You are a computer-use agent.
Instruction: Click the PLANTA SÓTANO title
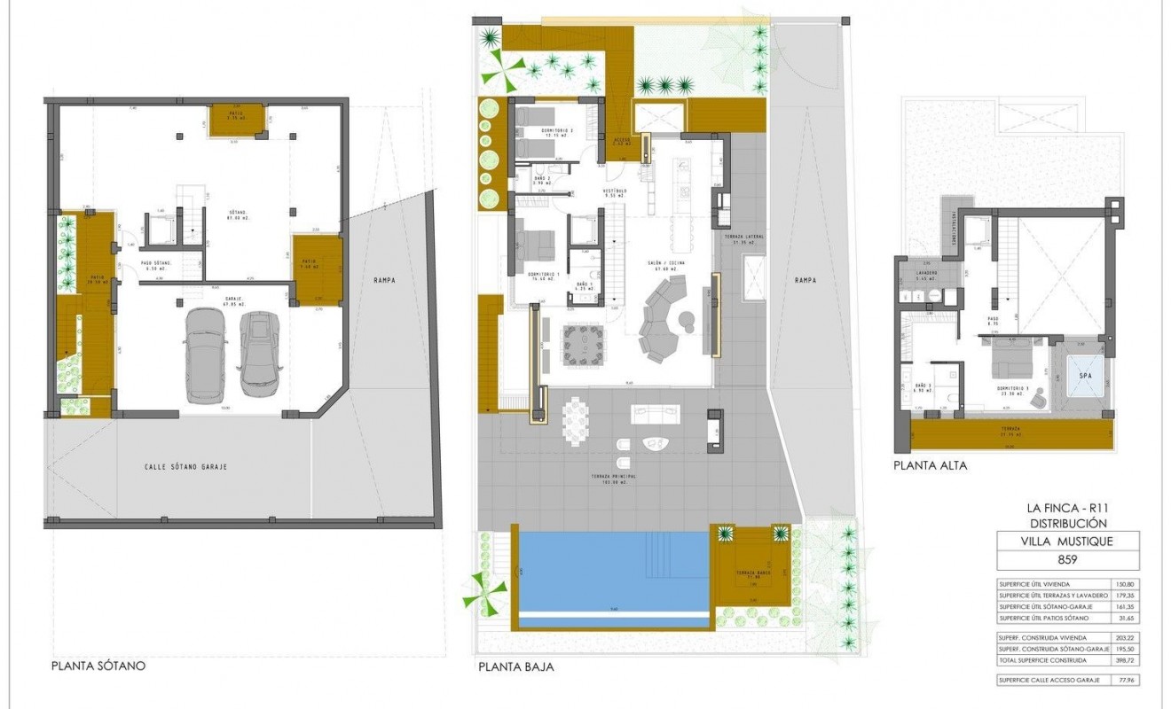tap(98, 666)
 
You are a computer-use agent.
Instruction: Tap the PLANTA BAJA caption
tap(515, 666)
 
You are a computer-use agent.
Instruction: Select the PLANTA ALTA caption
tap(930, 464)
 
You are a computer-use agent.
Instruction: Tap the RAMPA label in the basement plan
tap(383, 280)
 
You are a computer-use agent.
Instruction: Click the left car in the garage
tap(207, 354)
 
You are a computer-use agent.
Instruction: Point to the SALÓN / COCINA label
tap(669, 263)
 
